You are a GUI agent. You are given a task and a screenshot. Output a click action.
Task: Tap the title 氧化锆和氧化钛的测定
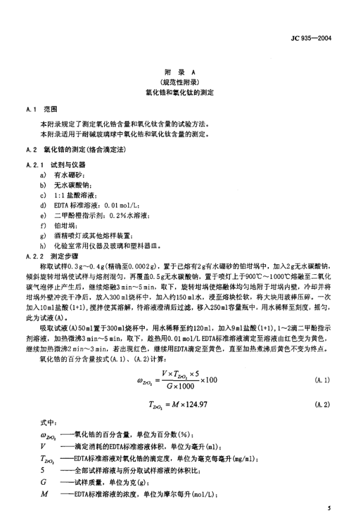[180, 93]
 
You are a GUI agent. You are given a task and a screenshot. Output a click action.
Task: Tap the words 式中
[46, 424]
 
